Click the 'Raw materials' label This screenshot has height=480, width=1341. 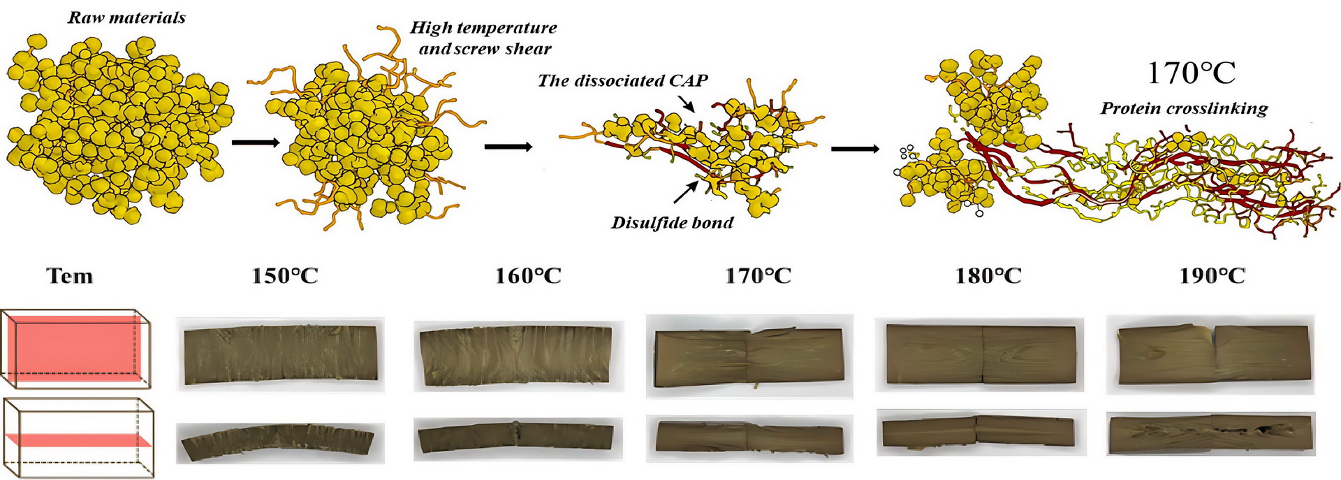[126, 17]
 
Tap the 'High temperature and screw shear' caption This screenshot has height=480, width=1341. [484, 38]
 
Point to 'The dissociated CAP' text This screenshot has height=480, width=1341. [622, 80]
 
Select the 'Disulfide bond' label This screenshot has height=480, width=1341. [672, 222]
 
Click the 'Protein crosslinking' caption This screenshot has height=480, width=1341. [1184, 108]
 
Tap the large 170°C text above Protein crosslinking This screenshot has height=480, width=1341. [1191, 73]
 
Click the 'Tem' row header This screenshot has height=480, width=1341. [70, 276]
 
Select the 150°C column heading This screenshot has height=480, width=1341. [284, 276]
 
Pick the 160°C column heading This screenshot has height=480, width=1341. [528, 276]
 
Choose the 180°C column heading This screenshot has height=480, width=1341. [988, 276]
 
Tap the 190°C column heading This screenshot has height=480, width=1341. [1212, 276]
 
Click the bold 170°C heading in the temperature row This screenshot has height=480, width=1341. [758, 276]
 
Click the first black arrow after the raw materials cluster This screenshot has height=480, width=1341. [255, 143]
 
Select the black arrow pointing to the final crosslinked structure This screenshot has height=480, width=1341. [855, 149]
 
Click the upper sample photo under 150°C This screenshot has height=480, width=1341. [280, 355]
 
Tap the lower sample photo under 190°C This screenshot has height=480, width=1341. [1210, 434]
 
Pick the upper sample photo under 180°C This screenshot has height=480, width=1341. [980, 354]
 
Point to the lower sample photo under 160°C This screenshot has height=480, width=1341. [518, 438]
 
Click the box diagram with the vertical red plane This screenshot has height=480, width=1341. [77, 349]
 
